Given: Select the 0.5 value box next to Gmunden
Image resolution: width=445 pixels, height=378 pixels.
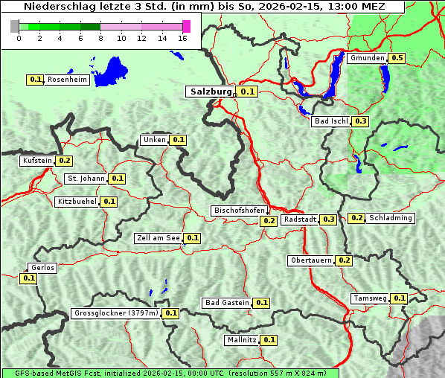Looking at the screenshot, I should point(397,58).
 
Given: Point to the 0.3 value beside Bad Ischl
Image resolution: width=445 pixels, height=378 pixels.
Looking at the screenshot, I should point(361,121).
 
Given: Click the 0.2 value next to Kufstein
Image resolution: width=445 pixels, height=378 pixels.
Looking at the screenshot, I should point(64,161).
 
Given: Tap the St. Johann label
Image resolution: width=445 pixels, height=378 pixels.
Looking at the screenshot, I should point(85,179).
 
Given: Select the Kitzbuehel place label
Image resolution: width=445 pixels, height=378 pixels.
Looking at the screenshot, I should point(77,202).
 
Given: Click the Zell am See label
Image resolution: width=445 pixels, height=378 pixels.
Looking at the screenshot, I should point(158,238).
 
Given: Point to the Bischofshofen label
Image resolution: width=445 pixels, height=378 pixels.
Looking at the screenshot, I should point(239,211).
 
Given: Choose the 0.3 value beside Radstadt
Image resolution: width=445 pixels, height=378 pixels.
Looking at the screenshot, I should point(328,220).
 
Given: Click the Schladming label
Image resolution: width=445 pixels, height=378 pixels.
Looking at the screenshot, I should point(391,218).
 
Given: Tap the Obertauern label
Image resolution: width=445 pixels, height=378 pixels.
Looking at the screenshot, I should point(311,260).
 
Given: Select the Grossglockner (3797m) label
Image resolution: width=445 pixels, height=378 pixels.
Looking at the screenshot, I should point(116,313).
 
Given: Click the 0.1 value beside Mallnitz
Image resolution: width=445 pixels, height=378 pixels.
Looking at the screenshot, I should point(269,340).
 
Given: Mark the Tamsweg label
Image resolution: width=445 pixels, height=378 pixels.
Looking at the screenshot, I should point(370,298).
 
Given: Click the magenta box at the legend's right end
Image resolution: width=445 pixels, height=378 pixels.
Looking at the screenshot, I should point(186,26).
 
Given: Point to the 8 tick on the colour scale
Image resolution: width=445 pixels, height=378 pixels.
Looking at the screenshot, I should point(100,37).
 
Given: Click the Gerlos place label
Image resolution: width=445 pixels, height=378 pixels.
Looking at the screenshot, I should point(42,268).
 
